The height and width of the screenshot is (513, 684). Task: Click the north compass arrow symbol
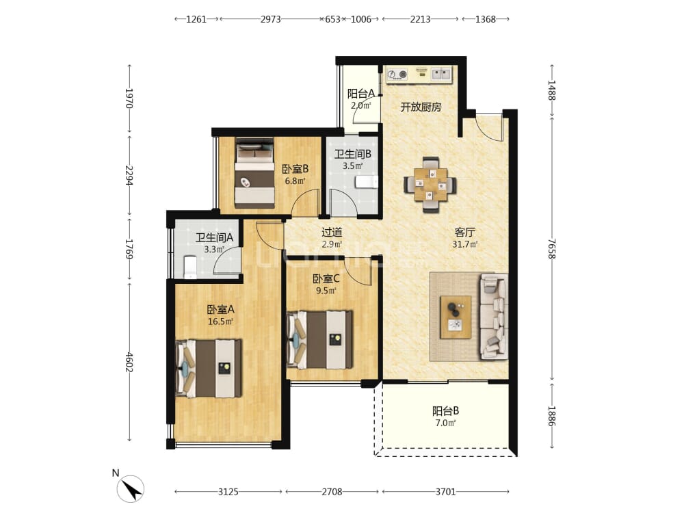[x=131, y=489]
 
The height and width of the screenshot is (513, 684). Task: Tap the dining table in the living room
[x=430, y=185]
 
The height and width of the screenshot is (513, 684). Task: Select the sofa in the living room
[x=495, y=317]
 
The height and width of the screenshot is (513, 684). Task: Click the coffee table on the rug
[x=456, y=317]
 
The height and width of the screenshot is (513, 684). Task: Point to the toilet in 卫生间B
[x=366, y=182]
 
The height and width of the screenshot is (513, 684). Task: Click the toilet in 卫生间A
[x=190, y=267]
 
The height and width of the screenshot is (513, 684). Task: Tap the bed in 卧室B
[x=254, y=173]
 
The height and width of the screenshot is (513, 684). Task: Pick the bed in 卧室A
[x=209, y=369]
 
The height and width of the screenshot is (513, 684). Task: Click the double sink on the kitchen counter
[x=441, y=74]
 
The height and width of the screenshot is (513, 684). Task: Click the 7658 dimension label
[x=552, y=249]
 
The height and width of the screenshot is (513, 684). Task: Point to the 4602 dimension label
[x=129, y=362]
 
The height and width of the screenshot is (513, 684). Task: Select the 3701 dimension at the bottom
[x=445, y=492]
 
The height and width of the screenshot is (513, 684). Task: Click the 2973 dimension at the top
[x=270, y=19]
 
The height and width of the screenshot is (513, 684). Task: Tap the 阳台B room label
[x=445, y=410]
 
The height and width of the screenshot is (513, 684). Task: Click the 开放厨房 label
[x=421, y=107]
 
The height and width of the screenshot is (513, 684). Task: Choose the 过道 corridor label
[x=332, y=233]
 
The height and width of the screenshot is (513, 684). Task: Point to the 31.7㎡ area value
[x=464, y=244]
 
